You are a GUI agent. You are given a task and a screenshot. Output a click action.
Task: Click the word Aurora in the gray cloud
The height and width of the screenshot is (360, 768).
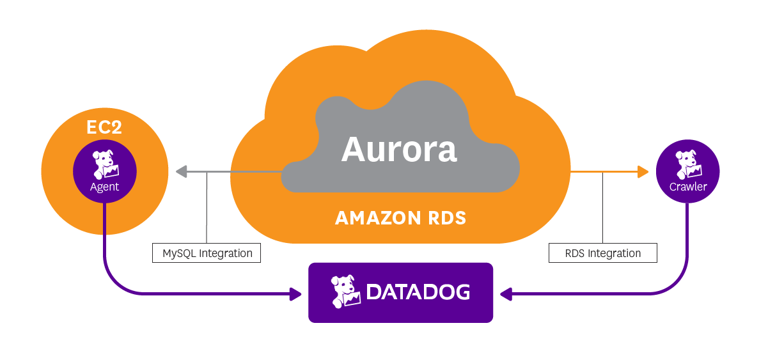(x=399, y=150)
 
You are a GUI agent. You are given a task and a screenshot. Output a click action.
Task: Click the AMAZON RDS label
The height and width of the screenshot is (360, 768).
(x=400, y=218)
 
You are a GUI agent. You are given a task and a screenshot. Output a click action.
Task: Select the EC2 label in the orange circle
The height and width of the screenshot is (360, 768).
(x=104, y=127)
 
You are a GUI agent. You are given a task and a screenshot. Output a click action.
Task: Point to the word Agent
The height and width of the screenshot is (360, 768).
(x=104, y=187)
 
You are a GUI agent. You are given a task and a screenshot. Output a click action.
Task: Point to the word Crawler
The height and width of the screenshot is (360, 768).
(x=688, y=187)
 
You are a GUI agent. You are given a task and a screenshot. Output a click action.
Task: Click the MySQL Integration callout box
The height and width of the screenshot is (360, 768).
(x=207, y=253)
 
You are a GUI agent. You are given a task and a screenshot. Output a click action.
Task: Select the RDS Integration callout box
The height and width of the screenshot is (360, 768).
(x=602, y=253)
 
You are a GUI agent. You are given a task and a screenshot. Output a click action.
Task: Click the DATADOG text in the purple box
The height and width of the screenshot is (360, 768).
(x=418, y=292)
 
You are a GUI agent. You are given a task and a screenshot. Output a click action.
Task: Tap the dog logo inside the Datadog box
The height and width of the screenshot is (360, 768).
(x=345, y=292)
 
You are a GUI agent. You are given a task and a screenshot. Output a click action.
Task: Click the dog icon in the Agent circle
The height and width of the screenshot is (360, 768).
(x=104, y=164)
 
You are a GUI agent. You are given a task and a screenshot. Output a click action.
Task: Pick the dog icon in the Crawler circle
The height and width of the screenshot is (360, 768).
(x=688, y=164)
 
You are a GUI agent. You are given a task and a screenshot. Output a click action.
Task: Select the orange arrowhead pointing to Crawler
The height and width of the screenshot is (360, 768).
(x=643, y=171)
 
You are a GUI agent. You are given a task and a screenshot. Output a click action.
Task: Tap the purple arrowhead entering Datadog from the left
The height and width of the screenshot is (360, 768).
(x=295, y=294)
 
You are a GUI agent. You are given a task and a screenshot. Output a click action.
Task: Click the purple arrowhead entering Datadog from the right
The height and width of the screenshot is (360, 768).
(x=506, y=294)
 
